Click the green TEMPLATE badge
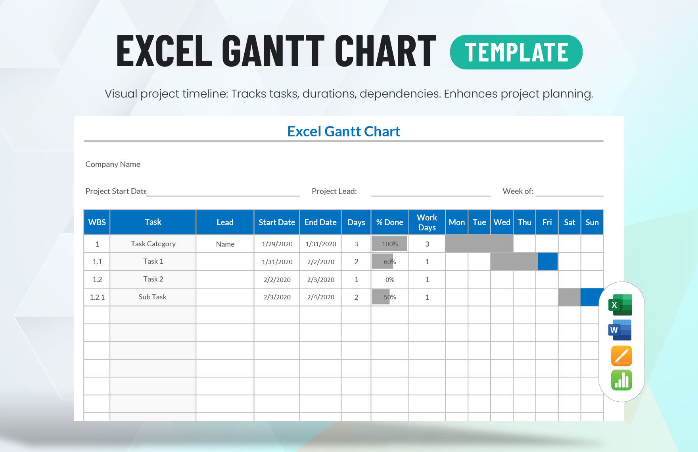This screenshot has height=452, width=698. point(516,52)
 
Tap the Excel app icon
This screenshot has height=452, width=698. point(620,305)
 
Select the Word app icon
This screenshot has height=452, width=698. point(620,330)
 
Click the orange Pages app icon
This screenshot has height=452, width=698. point(621,356)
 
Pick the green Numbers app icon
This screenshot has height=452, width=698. point(621,380)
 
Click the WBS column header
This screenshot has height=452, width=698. point(97,222)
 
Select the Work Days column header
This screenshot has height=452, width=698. point(427,222)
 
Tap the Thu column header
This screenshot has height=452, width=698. point(524,222)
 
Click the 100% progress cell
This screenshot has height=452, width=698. point(389,244)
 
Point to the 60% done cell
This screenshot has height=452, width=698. point(389,262)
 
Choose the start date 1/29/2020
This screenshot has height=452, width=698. point(277,244)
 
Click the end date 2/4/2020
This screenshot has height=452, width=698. point(320,297)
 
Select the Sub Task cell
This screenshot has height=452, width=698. point(153,297)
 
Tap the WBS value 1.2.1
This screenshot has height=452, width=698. point(97,297)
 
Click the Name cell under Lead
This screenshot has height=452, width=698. point(225,244)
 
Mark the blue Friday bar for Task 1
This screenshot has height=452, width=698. point(547,262)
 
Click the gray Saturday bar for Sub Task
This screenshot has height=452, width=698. point(569,297)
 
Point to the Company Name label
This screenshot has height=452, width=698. point(113,164)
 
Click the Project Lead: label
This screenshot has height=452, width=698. point(334,191)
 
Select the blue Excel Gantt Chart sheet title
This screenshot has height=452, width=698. point(343,131)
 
